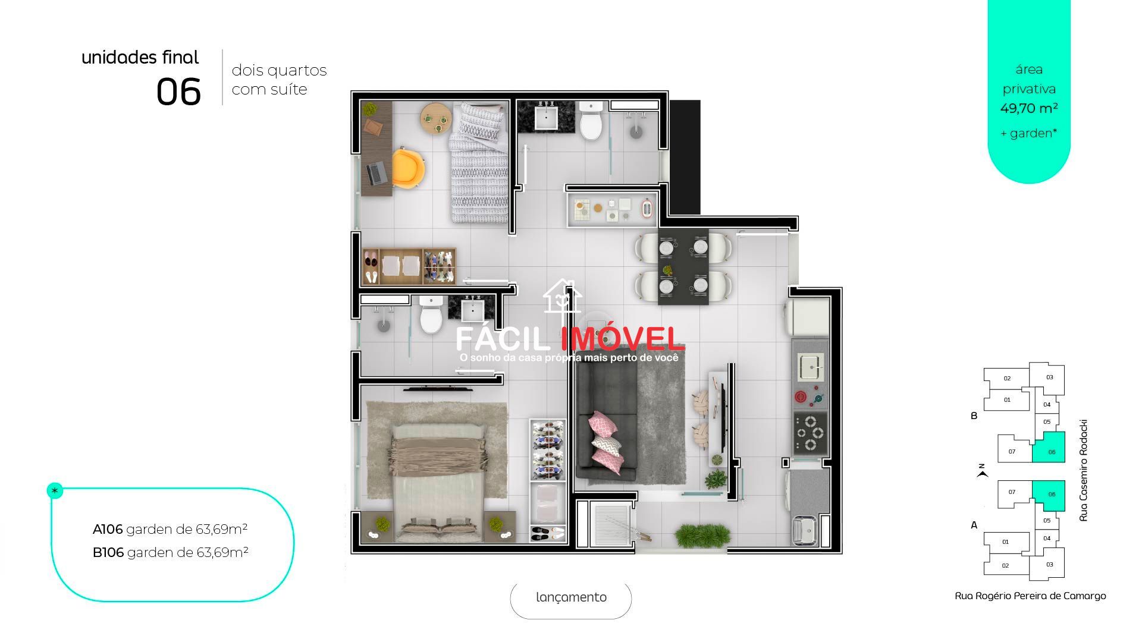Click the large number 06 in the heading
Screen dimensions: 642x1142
tap(178, 93)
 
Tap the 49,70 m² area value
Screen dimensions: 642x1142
tap(1028, 109)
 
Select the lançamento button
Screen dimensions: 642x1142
tap(571, 598)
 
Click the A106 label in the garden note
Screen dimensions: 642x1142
tap(108, 529)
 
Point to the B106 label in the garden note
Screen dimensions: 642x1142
tap(108, 553)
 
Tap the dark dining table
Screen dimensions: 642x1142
tap(683, 266)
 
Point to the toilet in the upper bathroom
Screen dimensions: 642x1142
tap(591, 121)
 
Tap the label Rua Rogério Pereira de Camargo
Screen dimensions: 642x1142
tap(1030, 596)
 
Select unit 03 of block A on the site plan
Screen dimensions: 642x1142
tap(1049, 564)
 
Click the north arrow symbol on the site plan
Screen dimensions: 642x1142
tap(983, 474)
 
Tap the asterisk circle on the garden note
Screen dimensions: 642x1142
tap(55, 491)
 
